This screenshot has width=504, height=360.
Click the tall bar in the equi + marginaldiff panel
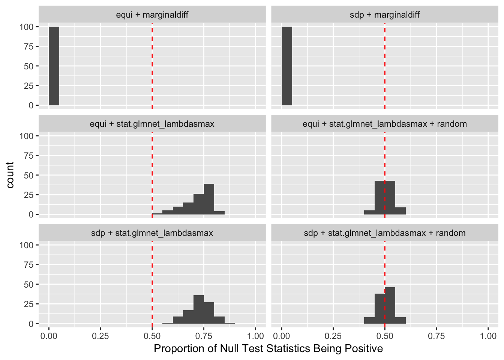[54, 66]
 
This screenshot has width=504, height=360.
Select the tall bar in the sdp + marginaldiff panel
[287, 66]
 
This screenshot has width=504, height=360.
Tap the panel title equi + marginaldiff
[152, 15]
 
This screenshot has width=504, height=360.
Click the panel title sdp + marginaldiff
[385, 15]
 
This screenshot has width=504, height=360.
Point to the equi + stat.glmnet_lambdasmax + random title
[385, 124]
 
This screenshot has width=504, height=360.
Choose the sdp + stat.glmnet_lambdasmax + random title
[385, 233]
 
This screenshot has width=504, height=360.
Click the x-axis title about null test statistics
[268, 349]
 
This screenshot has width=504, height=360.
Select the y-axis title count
[10, 175]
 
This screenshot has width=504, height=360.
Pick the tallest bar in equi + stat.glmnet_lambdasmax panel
[209, 199]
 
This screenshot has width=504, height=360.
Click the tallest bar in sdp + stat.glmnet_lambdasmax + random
[390, 306]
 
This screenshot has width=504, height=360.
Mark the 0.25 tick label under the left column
[100, 336]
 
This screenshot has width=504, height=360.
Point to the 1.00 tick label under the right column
[488, 336]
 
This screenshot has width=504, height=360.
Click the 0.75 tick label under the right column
[436, 336]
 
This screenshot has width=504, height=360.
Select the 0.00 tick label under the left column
[49, 336]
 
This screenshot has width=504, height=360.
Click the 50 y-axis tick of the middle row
[29, 175]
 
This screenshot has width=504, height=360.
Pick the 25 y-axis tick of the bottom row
[29, 304]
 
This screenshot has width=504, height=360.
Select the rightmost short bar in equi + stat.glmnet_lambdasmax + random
[400, 211]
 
